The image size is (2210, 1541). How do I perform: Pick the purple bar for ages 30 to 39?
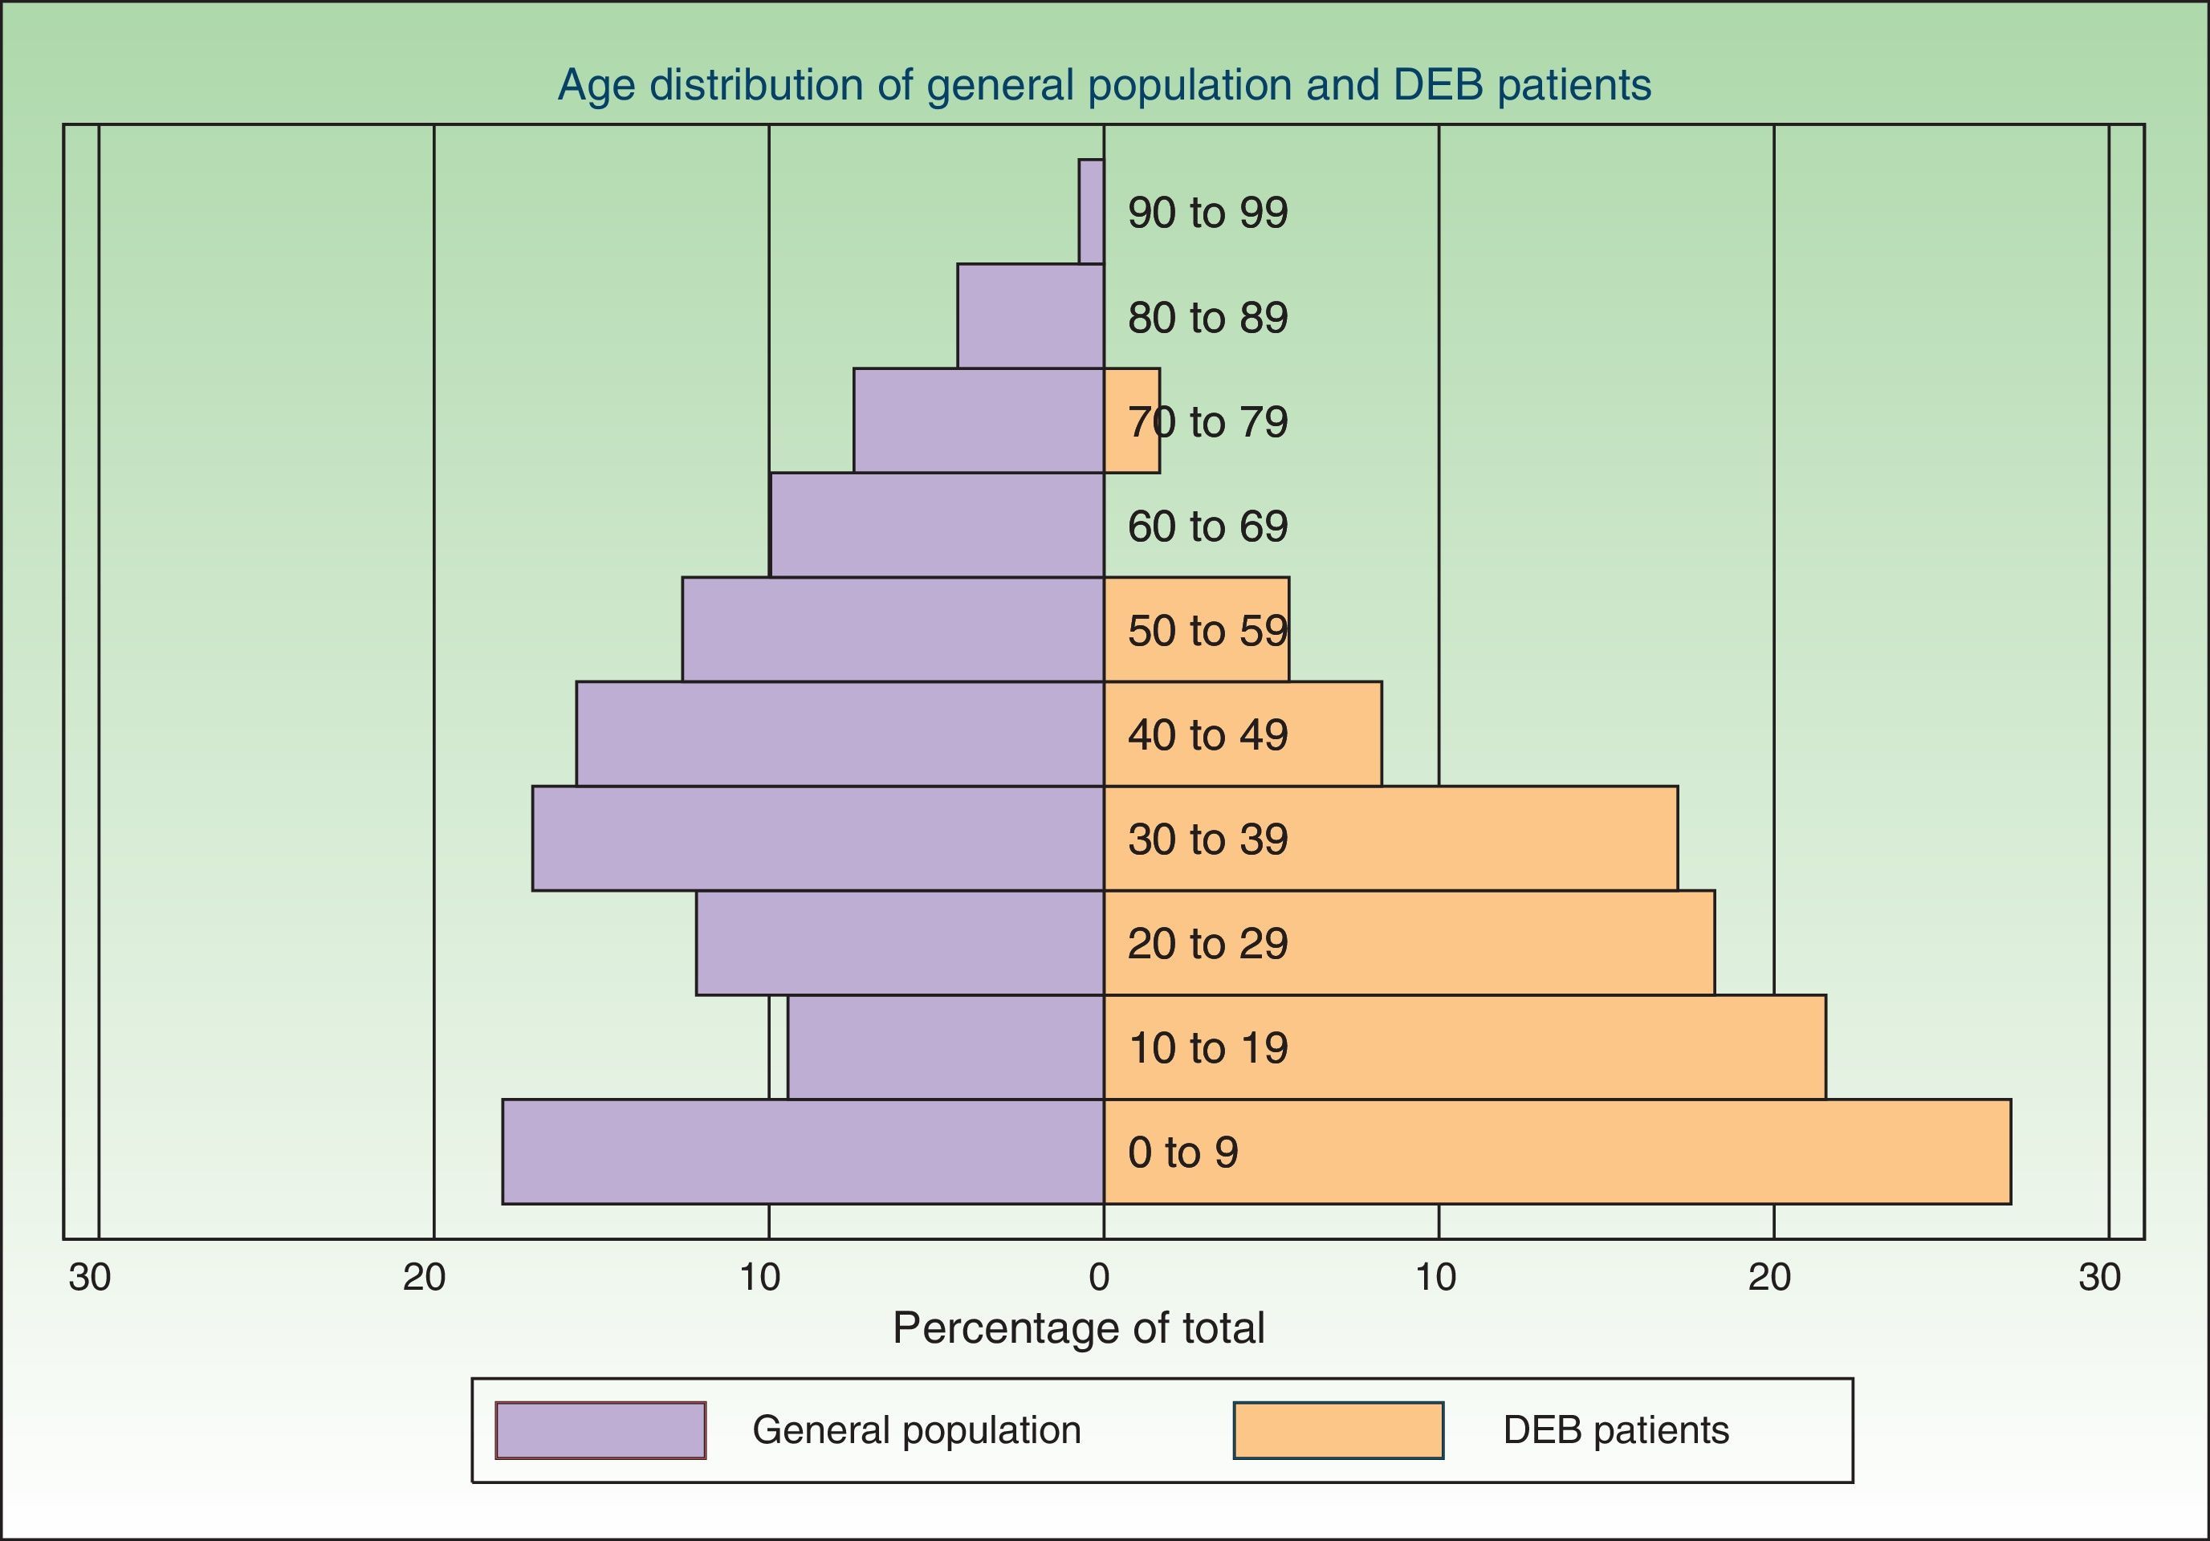(x=818, y=839)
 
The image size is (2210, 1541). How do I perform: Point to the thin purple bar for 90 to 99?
(x=1092, y=212)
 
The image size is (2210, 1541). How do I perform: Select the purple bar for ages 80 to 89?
(x=1031, y=315)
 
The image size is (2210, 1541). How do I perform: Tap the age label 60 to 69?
(x=1207, y=527)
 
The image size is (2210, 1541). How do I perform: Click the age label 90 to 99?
(x=1207, y=213)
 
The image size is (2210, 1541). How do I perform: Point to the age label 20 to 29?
(x=1207, y=943)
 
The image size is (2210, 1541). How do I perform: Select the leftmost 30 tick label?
(x=90, y=1277)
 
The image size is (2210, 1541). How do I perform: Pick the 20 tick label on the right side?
(x=1769, y=1277)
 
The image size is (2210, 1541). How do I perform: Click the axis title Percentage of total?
(x=1078, y=1328)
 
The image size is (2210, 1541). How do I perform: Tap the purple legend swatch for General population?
(x=600, y=1430)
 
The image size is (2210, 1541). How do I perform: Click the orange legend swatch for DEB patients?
(x=1338, y=1430)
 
